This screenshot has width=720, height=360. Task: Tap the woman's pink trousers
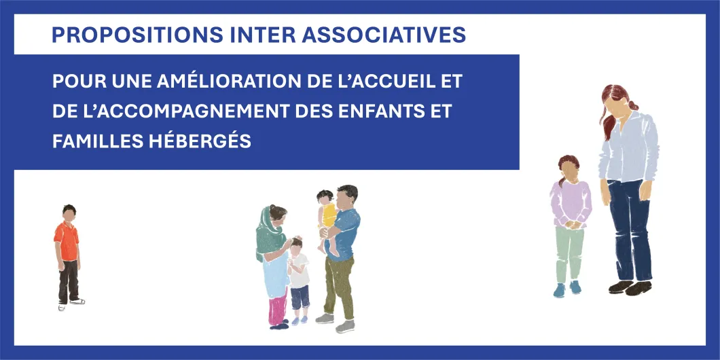(277, 308)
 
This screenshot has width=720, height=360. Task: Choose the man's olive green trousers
(338, 285)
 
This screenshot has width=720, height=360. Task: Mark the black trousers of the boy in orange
(68, 281)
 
